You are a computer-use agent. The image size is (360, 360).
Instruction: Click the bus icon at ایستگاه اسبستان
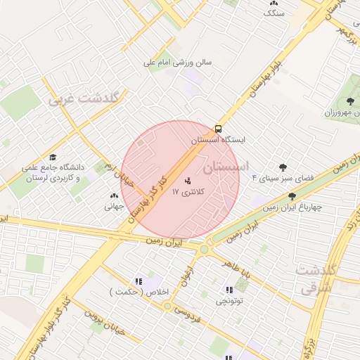218,129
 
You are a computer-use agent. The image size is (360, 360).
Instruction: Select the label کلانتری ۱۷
186,192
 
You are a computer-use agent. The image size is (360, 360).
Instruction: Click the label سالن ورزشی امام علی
177,62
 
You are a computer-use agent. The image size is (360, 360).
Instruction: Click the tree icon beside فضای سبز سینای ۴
283,167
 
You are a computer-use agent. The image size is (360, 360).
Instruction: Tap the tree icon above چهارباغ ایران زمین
292,196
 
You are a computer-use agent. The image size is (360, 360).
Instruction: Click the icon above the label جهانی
114,196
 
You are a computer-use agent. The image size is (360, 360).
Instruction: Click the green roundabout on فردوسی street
167,306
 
